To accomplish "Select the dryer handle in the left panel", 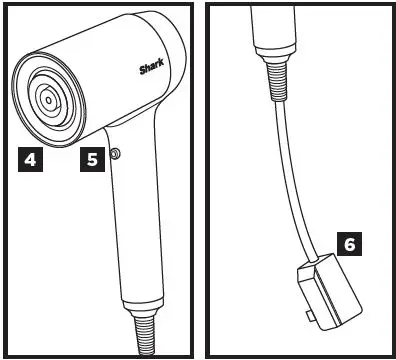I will click(x=139, y=220).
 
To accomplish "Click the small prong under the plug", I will click(x=311, y=317).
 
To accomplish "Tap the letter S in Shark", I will click(x=141, y=70).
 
